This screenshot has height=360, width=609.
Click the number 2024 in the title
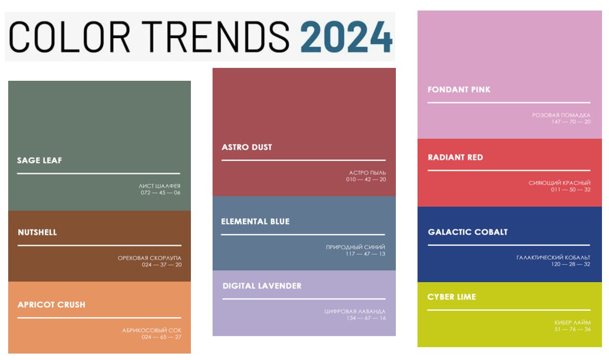click(x=346, y=37)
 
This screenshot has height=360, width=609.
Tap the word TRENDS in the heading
click(x=215, y=37)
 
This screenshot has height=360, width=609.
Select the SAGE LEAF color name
click(x=40, y=160)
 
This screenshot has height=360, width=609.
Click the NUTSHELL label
click(x=37, y=232)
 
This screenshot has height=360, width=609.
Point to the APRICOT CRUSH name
click(x=52, y=304)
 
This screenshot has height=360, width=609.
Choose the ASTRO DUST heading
click(x=247, y=147)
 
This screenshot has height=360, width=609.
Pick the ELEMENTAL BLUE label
click(x=255, y=221)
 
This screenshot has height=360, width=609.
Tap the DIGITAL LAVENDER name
click(x=262, y=286)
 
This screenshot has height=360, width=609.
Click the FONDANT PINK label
click(x=459, y=90)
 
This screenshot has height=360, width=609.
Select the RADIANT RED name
click(x=455, y=157)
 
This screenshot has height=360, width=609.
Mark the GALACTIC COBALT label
click(x=468, y=232)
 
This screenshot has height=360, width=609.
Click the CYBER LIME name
click(x=451, y=297)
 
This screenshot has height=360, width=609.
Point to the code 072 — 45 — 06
click(x=160, y=193)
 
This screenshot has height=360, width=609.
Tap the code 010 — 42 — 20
click(x=366, y=180)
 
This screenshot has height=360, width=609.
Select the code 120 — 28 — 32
click(x=570, y=264)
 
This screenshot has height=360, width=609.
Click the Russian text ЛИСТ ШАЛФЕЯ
click(x=159, y=186)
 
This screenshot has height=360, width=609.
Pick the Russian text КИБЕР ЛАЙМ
click(x=573, y=323)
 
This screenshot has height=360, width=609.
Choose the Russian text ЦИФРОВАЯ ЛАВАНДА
click(x=355, y=311)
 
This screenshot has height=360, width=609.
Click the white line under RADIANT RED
click(x=509, y=170)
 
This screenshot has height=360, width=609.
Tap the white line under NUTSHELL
click(x=100, y=245)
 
